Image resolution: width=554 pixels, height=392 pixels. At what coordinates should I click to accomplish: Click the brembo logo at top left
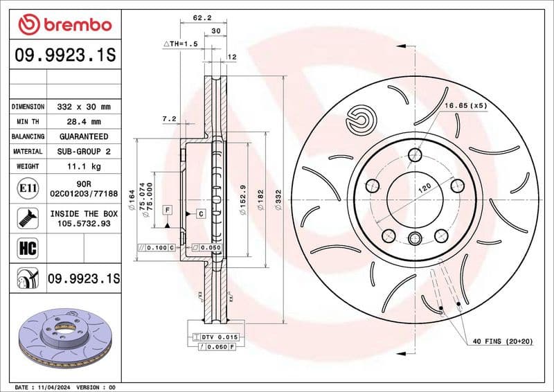(65, 25)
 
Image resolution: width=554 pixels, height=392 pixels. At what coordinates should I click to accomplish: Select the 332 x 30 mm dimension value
(84, 107)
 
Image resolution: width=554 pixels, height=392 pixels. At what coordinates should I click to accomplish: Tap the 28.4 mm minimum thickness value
(84, 122)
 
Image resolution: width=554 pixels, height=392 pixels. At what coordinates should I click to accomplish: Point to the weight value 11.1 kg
(84, 166)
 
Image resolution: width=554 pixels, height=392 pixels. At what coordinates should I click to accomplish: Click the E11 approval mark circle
(27, 188)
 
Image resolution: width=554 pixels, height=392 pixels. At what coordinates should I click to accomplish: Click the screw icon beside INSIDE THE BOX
(27, 218)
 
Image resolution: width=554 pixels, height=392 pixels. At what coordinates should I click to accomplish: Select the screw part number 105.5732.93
(84, 224)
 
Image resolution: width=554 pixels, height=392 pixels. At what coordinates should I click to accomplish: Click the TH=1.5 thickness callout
(181, 43)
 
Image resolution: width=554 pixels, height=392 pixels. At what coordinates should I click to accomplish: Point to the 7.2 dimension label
(168, 119)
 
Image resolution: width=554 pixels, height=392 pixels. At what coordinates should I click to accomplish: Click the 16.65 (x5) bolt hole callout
(466, 105)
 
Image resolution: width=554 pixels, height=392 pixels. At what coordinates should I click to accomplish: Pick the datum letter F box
(168, 209)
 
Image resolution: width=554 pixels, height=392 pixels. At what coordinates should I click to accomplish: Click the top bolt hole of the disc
(415, 154)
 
